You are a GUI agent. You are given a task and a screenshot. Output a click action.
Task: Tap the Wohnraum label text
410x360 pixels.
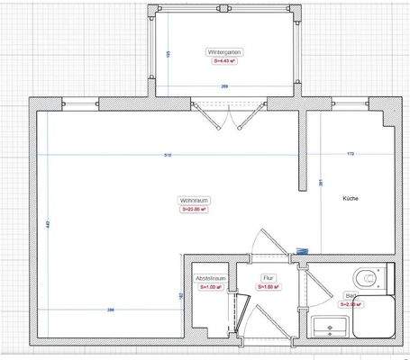point(195,200)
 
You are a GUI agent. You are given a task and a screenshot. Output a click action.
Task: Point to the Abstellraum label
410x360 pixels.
point(209,279)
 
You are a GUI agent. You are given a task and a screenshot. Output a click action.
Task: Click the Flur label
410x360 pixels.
point(267,279)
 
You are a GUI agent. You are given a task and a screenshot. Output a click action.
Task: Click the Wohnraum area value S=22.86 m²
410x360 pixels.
point(196,210)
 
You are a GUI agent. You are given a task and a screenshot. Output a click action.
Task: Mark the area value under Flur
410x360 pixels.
point(269,288)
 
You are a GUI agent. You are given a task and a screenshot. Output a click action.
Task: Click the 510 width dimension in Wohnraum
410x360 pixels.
point(167,155)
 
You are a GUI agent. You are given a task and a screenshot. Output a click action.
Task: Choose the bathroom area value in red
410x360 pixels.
point(350,304)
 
